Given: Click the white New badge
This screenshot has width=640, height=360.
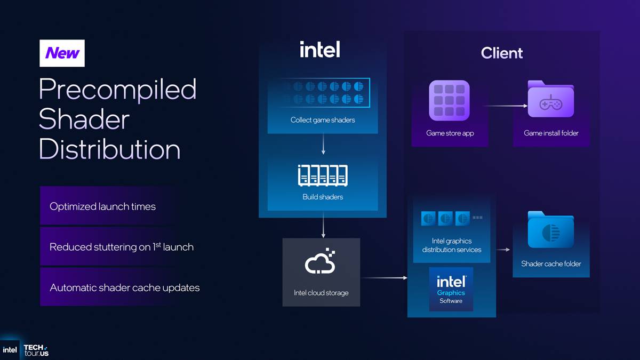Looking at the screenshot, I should pyautogui.click(x=62, y=53).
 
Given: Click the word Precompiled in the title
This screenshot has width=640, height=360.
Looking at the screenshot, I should pyautogui.click(x=117, y=89).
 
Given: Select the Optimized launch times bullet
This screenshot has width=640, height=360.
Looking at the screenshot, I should pyautogui.click(x=102, y=206).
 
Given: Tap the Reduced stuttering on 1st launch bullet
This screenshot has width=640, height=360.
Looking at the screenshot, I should pyautogui.click(x=121, y=247).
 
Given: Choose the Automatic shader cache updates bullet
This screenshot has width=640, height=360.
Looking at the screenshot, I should pyautogui.click(x=124, y=287).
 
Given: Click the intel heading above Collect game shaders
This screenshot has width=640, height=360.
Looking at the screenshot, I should pyautogui.click(x=319, y=50).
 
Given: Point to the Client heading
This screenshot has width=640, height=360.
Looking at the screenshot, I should pyautogui.click(x=501, y=53).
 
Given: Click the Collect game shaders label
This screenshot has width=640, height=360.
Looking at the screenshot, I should pyautogui.click(x=322, y=120).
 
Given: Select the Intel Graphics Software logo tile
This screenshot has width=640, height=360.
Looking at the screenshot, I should pyautogui.click(x=451, y=289).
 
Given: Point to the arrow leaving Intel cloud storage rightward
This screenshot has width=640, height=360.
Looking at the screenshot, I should pyautogui.click(x=383, y=278).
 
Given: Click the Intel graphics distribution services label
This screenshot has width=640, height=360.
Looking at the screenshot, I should pyautogui.click(x=451, y=245).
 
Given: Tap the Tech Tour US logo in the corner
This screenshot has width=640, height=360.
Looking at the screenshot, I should pyautogui.click(x=36, y=350).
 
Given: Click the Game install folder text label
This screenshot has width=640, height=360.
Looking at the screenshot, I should pyautogui.click(x=551, y=133).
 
